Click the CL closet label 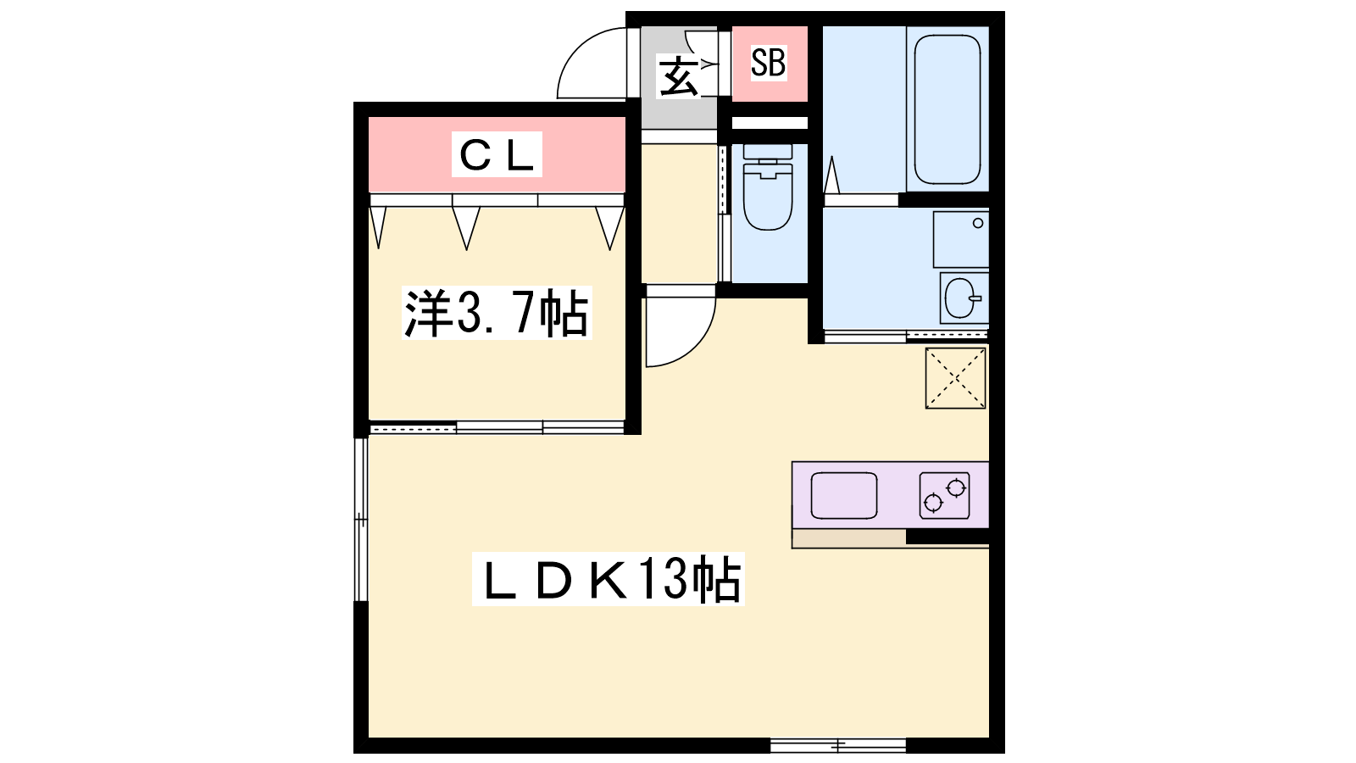point(497,154)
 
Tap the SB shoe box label point(769,63)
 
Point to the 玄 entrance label point(678,76)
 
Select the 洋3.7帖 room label point(497,313)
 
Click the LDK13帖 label point(609,579)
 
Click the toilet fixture point(768,187)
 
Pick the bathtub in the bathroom point(947,109)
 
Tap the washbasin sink point(963,298)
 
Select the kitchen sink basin point(844,496)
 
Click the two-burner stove point(944,496)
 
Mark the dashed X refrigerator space point(955,378)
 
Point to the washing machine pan point(961,239)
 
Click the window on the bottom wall point(838,745)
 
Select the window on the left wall point(361,519)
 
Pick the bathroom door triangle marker point(831,175)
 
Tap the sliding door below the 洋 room point(497,427)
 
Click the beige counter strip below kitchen point(848,538)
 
